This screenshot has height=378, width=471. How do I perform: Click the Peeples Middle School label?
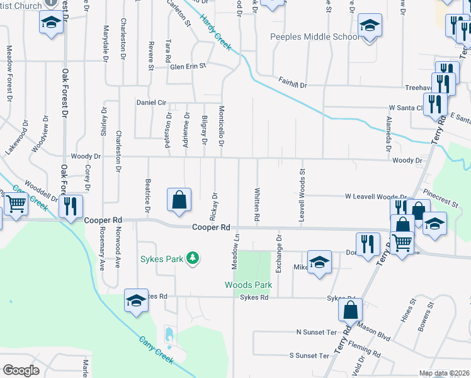[x=314, y=37]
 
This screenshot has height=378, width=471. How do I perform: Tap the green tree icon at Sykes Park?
[x=195, y=258]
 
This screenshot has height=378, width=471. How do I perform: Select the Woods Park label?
[x=249, y=285]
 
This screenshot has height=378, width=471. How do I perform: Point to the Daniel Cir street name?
[x=151, y=102]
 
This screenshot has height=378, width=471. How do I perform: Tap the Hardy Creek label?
[x=215, y=32]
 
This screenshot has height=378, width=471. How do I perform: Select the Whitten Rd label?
[x=257, y=204]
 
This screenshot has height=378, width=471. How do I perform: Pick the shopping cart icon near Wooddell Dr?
[x=16, y=204]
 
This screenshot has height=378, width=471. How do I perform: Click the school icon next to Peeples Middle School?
[x=370, y=26]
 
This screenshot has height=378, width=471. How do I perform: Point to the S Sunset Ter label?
[x=310, y=355]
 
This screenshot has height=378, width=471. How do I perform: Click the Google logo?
[x=21, y=370]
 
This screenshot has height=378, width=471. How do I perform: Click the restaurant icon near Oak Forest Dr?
[x=71, y=206]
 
